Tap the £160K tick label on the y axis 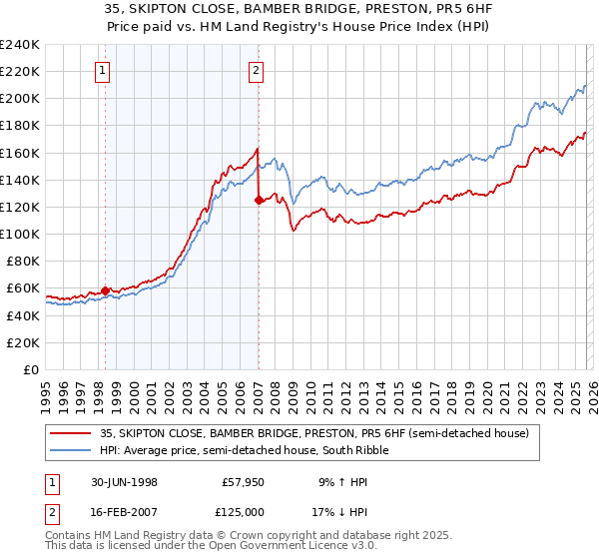coord(20,153)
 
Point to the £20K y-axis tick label coord(23,342)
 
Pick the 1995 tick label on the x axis coord(46,389)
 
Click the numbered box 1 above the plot coord(105,70)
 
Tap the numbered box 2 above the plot coord(257,70)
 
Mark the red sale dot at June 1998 coord(106,290)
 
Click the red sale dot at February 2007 coord(259,200)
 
